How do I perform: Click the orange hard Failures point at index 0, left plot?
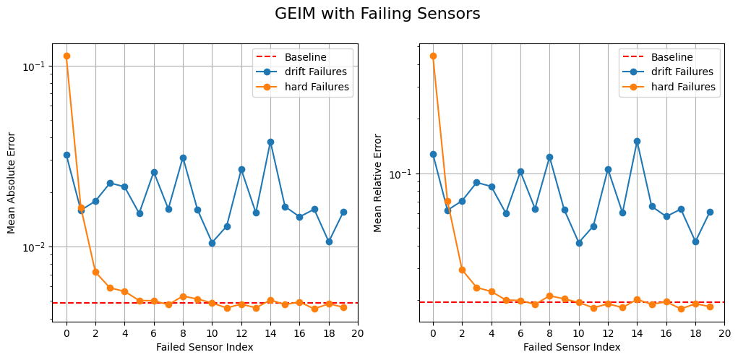(x=66, y=56)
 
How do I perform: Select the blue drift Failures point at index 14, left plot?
(x=270, y=142)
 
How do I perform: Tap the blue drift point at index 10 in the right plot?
(x=579, y=243)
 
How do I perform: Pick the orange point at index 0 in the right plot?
(x=433, y=56)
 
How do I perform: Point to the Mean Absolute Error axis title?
(x=12, y=182)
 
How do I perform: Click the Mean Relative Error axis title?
(x=378, y=182)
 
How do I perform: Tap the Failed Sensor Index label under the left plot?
(x=205, y=347)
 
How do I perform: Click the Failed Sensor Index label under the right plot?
(x=572, y=347)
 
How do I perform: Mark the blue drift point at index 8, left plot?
(x=183, y=158)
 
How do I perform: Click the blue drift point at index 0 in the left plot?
(x=66, y=155)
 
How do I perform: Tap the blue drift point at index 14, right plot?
(x=637, y=142)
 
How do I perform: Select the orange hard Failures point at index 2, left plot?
(x=95, y=272)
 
